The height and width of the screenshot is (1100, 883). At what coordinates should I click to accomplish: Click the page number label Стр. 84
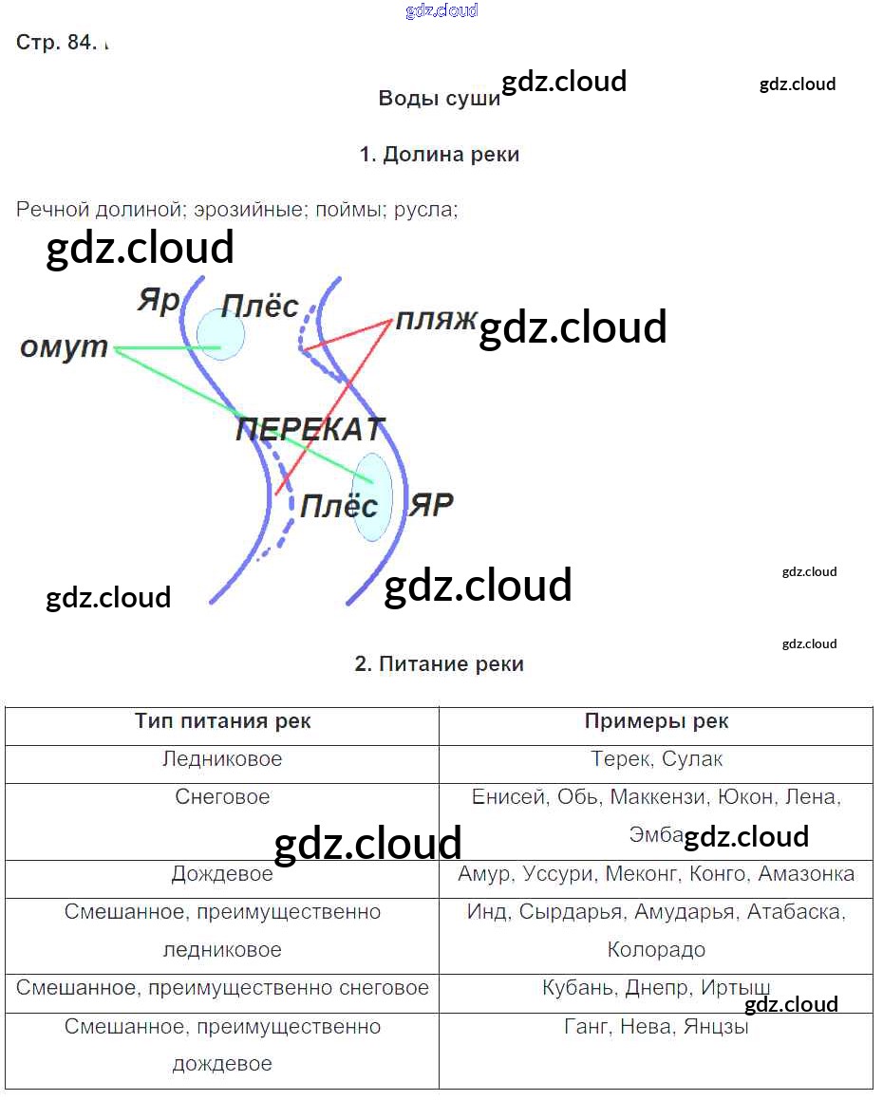(x=56, y=44)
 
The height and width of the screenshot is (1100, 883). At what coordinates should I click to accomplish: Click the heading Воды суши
(x=439, y=99)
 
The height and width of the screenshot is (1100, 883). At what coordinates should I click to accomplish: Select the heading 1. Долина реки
(x=440, y=155)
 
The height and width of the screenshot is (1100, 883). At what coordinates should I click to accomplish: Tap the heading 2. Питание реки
(x=440, y=664)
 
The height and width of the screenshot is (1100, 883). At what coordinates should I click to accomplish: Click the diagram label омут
(x=65, y=347)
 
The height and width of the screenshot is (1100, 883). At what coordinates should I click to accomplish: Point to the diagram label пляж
(x=436, y=319)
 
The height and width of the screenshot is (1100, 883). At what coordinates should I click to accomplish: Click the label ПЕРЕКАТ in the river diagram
(x=310, y=430)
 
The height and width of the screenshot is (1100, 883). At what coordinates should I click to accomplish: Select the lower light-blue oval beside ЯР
(x=372, y=496)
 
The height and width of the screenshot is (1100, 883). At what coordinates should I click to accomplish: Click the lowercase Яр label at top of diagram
(x=158, y=301)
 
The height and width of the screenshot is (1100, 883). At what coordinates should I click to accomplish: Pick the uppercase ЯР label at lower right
(x=431, y=504)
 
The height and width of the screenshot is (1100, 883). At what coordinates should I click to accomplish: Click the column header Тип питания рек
(x=222, y=721)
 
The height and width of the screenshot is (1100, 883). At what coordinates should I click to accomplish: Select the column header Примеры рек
(x=656, y=721)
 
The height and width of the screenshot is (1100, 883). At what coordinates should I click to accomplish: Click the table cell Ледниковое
(x=222, y=759)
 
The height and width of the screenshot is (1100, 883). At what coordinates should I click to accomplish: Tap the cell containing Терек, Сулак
(x=656, y=759)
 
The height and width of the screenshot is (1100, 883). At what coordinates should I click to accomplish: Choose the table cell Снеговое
(x=222, y=797)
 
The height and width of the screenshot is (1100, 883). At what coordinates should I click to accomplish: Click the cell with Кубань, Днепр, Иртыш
(x=656, y=988)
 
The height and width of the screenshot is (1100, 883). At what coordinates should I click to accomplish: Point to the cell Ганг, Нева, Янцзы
(x=656, y=1026)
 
